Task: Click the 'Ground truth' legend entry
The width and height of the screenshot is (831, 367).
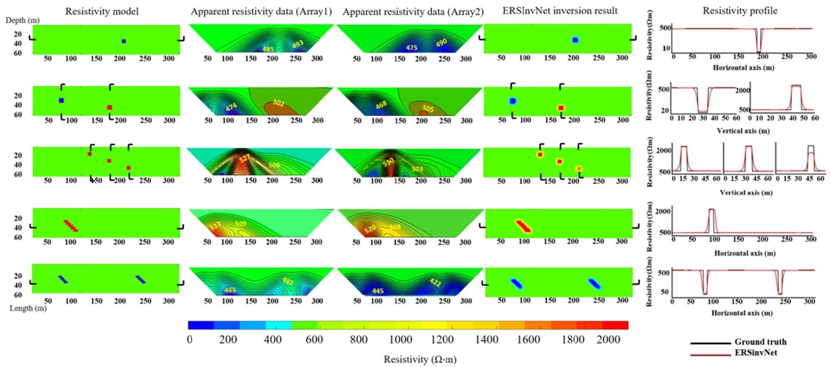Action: [x=755, y=342]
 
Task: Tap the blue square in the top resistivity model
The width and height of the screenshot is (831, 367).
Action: [x=123, y=41]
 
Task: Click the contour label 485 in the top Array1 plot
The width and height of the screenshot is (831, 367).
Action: [x=268, y=49]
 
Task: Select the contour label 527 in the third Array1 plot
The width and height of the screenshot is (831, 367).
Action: [x=245, y=157]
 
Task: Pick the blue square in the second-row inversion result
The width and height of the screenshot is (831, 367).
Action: [x=513, y=101]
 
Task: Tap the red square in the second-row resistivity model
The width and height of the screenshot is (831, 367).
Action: [x=110, y=107]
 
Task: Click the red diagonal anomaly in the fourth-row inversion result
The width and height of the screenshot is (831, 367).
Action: [x=522, y=226]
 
